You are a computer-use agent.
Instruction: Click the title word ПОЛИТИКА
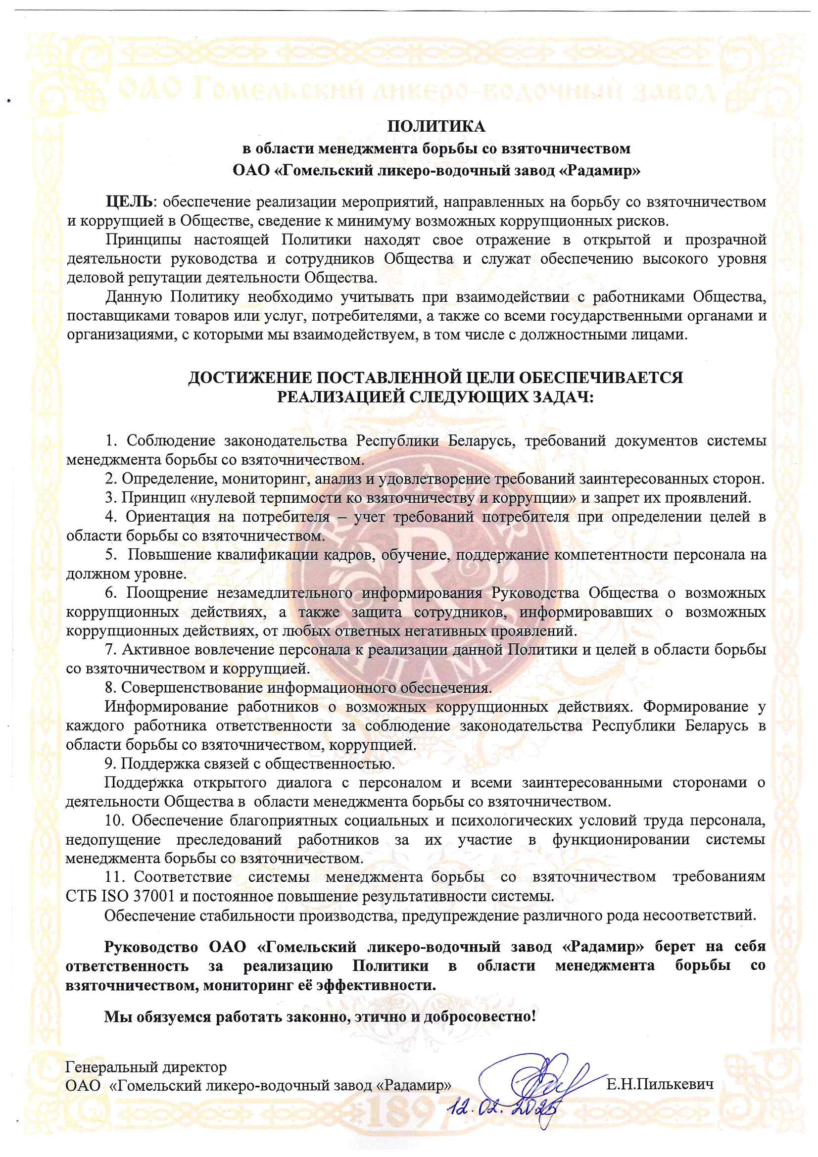436,126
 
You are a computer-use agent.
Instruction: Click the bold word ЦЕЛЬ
129,202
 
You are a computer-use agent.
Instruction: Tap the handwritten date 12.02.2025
506,1108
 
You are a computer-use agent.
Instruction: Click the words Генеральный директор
146,1067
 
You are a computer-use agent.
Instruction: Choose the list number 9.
110,764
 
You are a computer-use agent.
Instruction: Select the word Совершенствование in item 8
192,687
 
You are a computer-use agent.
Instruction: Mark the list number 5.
111,555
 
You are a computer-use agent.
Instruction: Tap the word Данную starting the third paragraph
134,297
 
